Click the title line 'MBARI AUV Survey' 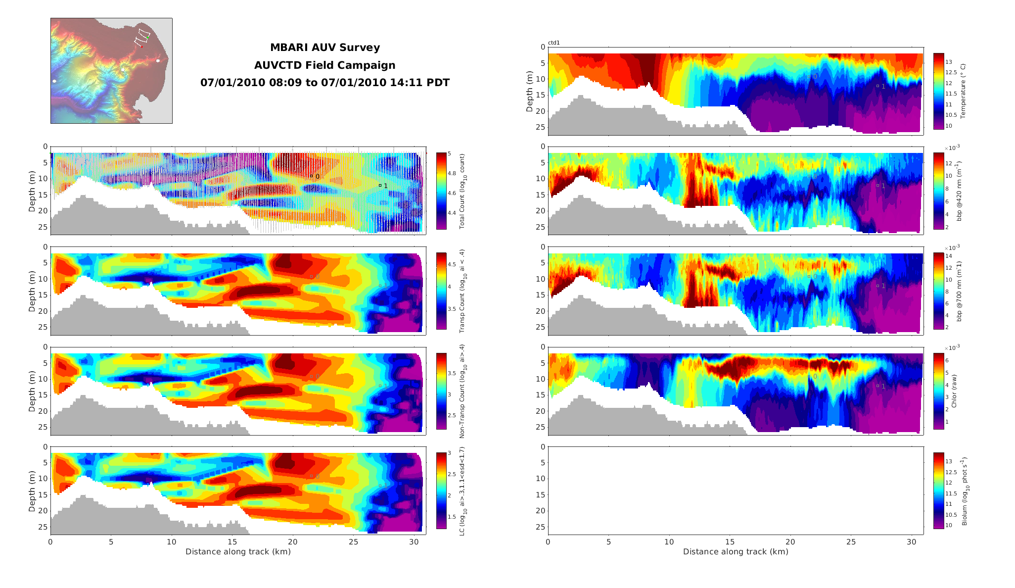pos(324,48)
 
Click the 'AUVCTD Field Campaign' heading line pos(324,65)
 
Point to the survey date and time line pos(324,83)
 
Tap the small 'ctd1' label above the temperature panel pos(554,43)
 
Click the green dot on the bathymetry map pos(147,37)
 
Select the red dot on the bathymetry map pos(141,47)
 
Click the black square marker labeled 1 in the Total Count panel pos(380,185)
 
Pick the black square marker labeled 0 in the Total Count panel pos(311,176)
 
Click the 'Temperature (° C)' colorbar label pos(963,91)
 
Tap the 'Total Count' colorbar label pos(462,191)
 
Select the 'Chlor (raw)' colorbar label pos(954,391)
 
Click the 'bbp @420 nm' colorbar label pos(959,191)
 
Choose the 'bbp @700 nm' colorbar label pos(959,291)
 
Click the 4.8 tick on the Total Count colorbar pos(452,173)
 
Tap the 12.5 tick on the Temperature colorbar pos(951,72)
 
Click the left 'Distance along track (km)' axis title pos(238,551)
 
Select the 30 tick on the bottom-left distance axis pos(414,542)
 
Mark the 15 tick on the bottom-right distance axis pos(730,542)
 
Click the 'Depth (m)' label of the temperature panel pos(530,91)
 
